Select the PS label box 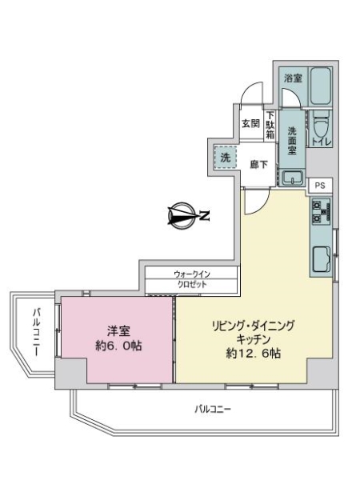click(320, 184)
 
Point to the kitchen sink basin click(322, 260)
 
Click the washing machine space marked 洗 click(225, 158)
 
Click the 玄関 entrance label click(250, 123)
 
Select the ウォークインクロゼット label click(191, 280)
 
